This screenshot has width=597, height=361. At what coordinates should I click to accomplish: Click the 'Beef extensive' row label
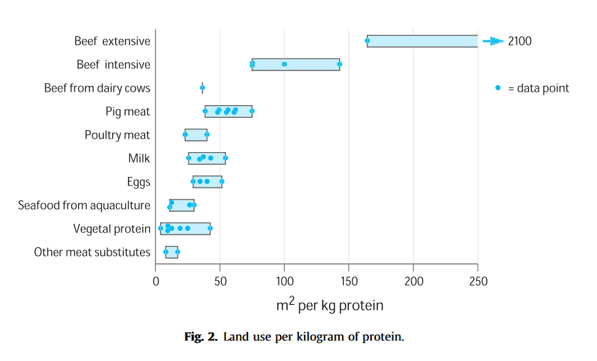coord(112,41)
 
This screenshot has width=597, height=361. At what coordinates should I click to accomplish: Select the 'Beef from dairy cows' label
coord(97,88)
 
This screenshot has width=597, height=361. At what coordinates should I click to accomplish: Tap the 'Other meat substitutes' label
coord(92,252)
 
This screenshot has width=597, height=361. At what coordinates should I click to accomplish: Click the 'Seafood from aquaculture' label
coord(84,205)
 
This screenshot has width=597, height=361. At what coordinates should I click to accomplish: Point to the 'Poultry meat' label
coord(117,135)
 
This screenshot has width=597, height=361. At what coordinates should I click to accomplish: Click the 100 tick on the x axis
coord(284,281)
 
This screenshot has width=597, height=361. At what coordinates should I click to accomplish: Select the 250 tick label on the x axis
coord(478,281)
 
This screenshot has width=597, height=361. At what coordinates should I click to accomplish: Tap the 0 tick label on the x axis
coord(156,281)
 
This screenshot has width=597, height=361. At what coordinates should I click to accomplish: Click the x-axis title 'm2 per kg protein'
coord(329,306)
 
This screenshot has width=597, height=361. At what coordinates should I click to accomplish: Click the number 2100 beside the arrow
coord(520,41)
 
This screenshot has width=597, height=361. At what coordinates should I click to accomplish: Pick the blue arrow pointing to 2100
coord(493,41)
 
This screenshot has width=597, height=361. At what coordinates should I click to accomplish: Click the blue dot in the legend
coord(498,88)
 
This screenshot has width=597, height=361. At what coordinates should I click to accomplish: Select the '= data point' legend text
coord(538,88)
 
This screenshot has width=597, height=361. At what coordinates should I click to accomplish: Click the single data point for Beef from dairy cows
coord(203,88)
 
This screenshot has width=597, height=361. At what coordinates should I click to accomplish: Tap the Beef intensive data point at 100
coord(284,65)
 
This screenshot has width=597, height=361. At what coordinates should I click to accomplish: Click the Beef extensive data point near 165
coord(367,41)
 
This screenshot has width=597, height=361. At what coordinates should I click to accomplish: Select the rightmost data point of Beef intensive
coord(339,65)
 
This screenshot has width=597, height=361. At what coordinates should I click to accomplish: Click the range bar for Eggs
coord(207,182)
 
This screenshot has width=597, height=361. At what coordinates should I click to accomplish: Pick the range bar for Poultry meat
coord(195,135)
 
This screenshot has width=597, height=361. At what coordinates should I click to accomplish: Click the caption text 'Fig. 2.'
coord(201,337)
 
